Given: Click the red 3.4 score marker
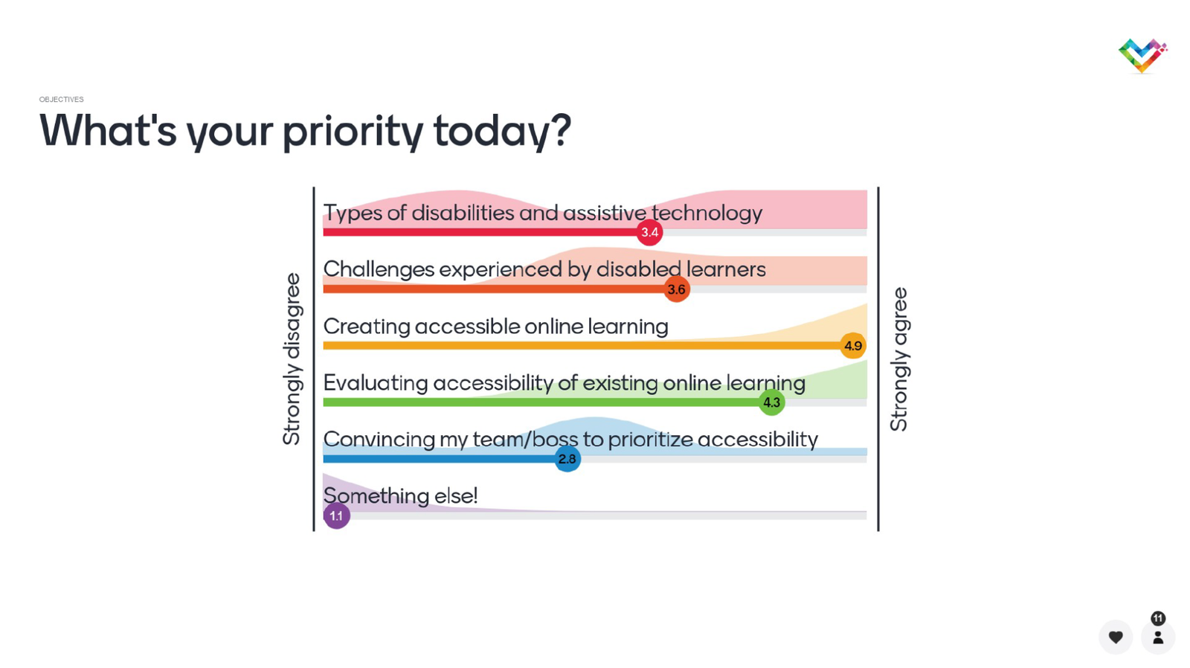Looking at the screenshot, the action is tap(649, 232).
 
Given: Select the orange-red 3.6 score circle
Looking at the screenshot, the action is tap(676, 289).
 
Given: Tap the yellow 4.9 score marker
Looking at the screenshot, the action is tap(853, 346).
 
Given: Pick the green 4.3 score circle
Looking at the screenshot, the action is tap(771, 402).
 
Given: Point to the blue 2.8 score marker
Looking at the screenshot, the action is tap(567, 459).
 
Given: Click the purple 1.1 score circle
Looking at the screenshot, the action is tap(336, 516).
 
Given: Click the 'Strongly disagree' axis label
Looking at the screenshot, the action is tap(292, 359).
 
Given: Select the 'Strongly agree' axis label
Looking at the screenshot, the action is tap(899, 359).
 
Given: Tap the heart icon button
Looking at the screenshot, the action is tap(1116, 637).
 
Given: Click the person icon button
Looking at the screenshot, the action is tap(1158, 637).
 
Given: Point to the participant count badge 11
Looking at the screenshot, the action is tap(1158, 618).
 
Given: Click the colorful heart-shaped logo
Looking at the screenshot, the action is tap(1142, 56).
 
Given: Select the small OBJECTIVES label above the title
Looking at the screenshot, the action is tap(61, 100).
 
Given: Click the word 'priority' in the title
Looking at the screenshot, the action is tap(353, 131).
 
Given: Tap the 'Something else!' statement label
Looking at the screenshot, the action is tap(401, 496).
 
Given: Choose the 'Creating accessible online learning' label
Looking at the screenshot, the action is tap(495, 327).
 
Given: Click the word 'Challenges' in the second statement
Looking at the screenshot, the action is tap(379, 269).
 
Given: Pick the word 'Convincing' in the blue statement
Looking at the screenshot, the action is tap(379, 440).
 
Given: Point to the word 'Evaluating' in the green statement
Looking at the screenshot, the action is tap(375, 382).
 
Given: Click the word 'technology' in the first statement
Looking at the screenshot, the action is tap(707, 213).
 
